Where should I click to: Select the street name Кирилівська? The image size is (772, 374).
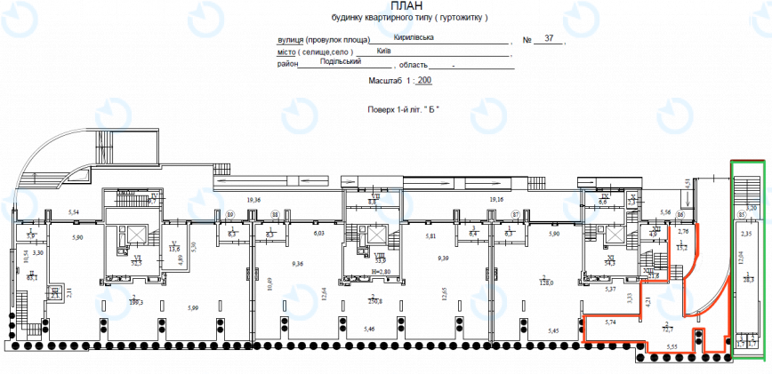tap(414, 38)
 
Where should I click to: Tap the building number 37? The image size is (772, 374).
tap(549, 39)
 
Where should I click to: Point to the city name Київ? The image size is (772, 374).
tap(383, 51)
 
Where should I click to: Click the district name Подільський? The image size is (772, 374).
tap(341, 62)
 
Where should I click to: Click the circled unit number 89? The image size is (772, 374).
tap(230, 214)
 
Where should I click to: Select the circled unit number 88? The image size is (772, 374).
tap(275, 214)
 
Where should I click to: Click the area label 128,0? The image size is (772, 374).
tap(546, 282)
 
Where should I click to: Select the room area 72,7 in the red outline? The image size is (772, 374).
tap(667, 328)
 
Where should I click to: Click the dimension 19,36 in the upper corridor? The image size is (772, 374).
tap(253, 200)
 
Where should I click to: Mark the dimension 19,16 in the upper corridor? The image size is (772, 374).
tap(495, 200)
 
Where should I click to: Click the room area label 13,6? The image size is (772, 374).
tap(175, 250)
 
